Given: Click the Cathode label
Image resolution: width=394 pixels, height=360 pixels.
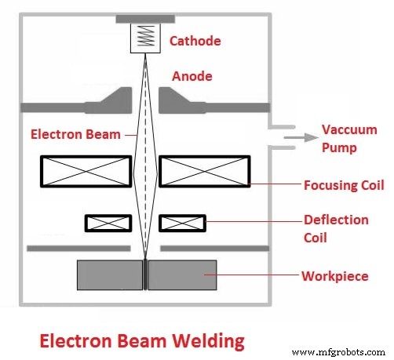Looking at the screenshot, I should click(x=195, y=41).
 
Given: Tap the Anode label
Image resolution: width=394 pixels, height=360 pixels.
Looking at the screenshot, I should click(x=192, y=77).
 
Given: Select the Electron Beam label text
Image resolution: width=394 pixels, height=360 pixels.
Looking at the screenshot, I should click(x=75, y=134).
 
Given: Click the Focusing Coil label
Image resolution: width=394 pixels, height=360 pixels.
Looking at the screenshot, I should click(x=343, y=186).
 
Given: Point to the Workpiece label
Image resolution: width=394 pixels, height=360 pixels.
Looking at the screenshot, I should click(x=335, y=276).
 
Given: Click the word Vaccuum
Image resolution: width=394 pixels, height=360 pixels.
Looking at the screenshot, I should click(x=348, y=130).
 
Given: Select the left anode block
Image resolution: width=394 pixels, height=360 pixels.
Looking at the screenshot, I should click(x=115, y=100).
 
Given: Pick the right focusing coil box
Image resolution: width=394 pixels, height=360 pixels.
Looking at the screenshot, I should click(x=205, y=172).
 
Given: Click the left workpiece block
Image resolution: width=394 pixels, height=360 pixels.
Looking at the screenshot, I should click(x=109, y=275).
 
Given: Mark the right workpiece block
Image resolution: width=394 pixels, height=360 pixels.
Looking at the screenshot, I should click(x=182, y=275).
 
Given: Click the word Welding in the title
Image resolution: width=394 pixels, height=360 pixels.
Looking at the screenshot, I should click(x=206, y=341).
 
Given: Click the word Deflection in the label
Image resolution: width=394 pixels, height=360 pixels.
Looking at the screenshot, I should click(x=336, y=220).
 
